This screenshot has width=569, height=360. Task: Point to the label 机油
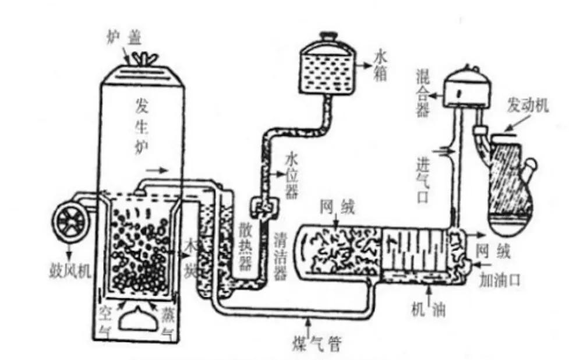tap(428, 311)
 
